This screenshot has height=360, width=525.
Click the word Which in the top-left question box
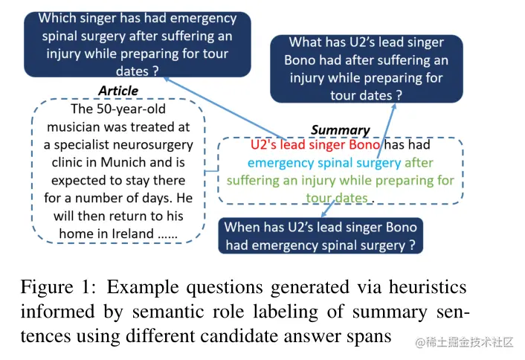tap(57, 18)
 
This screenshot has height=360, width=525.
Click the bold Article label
tap(118, 91)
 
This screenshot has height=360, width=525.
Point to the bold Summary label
tap(340, 130)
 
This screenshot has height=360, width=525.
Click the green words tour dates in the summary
tap(338, 198)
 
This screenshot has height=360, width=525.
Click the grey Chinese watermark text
tap(466, 341)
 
